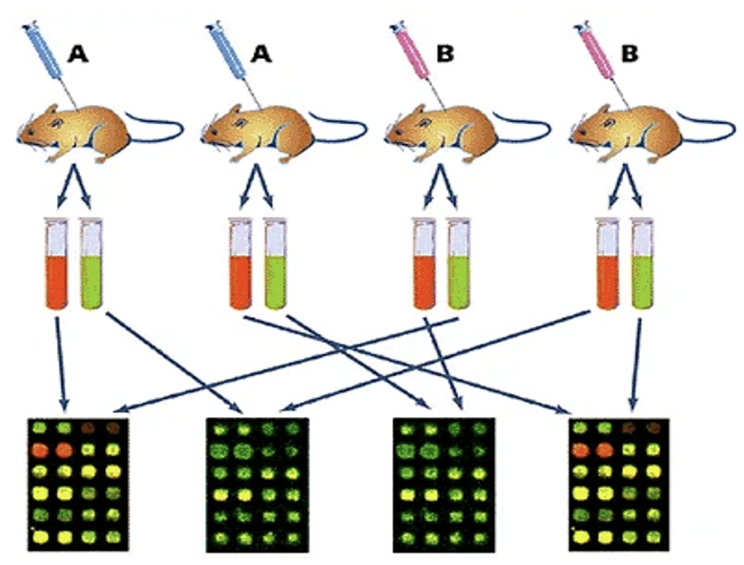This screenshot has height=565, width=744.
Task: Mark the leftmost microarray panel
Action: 75,483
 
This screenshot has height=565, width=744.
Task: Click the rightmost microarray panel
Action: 616,483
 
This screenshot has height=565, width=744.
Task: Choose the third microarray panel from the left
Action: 443,483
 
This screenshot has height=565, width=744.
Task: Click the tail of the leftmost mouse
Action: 162,124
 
